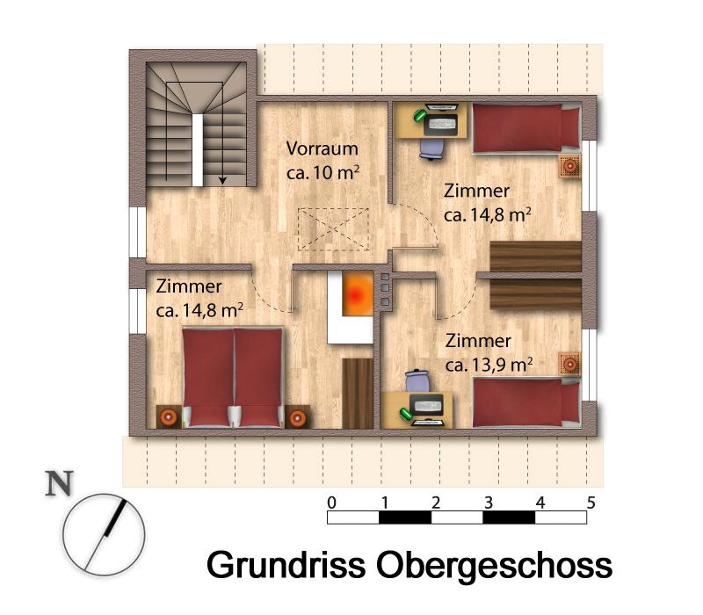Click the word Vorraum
click(322, 149)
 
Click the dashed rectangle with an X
click(331, 230)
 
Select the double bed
click(233, 378)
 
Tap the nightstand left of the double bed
click(168, 416)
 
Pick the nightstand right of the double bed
click(298, 416)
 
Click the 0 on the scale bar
click(331, 503)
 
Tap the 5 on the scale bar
click(591, 503)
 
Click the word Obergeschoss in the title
click(494, 564)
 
